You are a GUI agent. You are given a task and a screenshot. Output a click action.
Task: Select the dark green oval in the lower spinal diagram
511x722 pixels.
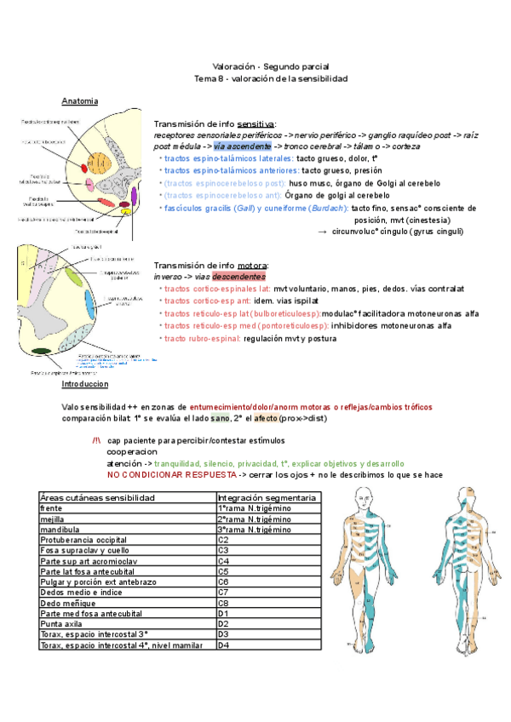(x=41, y=350)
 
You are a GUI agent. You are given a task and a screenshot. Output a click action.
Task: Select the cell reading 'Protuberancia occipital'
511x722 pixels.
(x=127, y=538)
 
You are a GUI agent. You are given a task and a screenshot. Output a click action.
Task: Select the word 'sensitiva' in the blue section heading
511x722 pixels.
(x=255, y=123)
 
